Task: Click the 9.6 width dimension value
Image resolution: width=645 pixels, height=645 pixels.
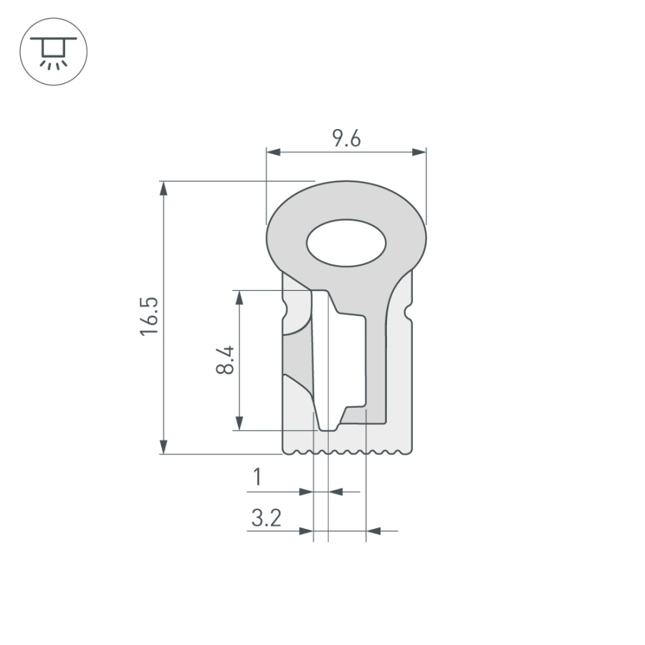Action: [x=346, y=139]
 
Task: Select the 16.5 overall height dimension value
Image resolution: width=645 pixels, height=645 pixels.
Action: [x=148, y=315]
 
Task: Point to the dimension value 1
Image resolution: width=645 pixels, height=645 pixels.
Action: [x=257, y=477]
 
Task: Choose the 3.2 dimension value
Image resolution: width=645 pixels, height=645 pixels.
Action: [x=266, y=517]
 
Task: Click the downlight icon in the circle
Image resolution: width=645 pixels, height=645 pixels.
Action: [x=53, y=52]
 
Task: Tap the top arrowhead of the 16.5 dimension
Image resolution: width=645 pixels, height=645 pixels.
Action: [x=164, y=187]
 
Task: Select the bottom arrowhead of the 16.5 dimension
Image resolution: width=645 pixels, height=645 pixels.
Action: [x=164, y=447]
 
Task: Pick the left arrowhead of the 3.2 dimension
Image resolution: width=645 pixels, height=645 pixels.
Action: [x=307, y=531]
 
